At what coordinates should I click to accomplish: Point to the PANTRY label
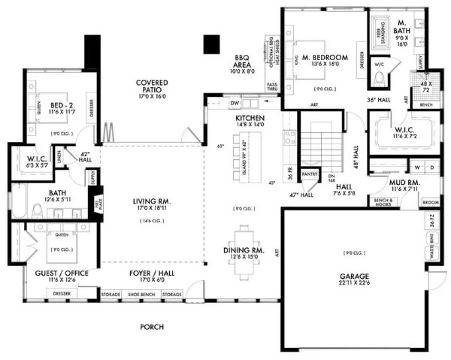pyautogui.click(x=310, y=175)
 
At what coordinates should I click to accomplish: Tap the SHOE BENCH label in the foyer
pyautogui.click(x=141, y=294)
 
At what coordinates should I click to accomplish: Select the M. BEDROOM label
pyautogui.click(x=325, y=57)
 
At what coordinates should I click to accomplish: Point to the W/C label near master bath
pyautogui.click(x=379, y=64)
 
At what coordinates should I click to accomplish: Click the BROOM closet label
pyautogui.click(x=430, y=202)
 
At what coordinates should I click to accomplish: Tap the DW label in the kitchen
pyautogui.click(x=234, y=102)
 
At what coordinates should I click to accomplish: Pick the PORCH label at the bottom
pyautogui.click(x=152, y=327)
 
